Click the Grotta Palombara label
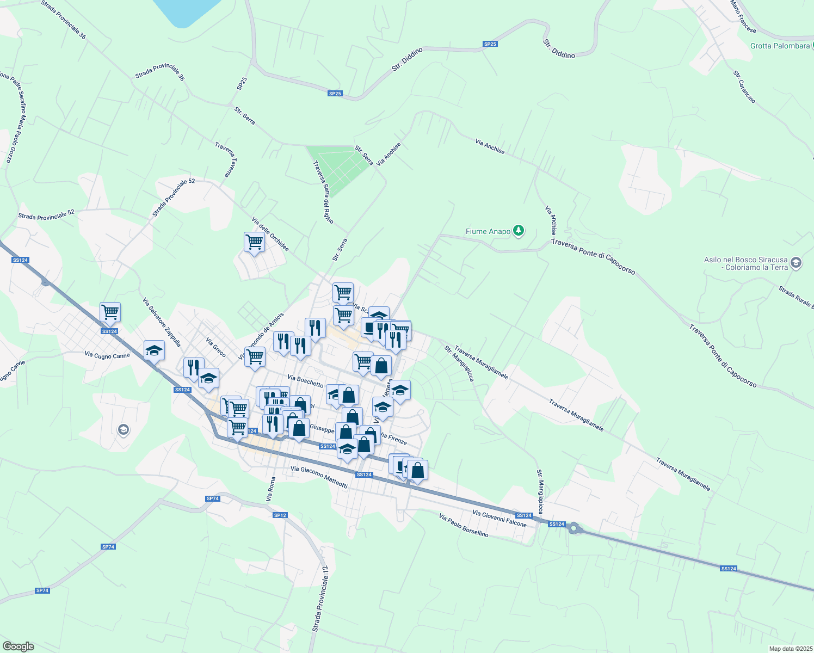780,46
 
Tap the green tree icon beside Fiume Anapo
519,231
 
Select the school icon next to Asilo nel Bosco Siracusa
795,263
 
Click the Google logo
18,646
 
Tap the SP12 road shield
280,515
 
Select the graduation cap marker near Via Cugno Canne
154,350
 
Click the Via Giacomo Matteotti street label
319,477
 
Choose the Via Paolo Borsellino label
464,526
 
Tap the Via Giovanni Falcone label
499,519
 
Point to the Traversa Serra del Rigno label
323,192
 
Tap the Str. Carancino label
744,87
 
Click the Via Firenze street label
393,438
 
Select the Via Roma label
270,489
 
